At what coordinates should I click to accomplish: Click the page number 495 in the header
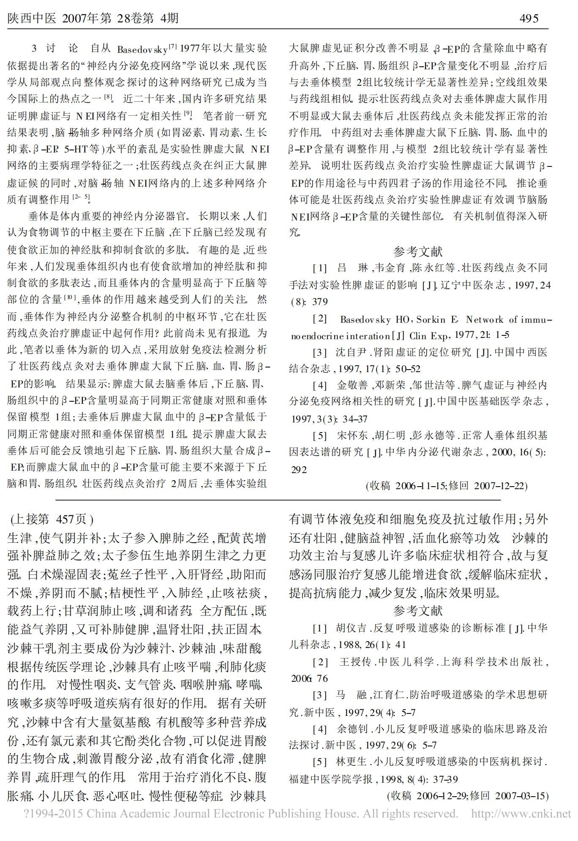[x=529, y=18]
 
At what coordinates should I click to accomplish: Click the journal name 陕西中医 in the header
[x=32, y=18]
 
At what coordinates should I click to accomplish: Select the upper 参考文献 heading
[x=417, y=252]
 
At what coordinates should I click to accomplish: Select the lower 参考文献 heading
[x=417, y=610]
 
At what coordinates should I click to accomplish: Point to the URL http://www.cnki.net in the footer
[x=521, y=813]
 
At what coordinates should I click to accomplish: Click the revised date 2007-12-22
[x=500, y=485]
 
